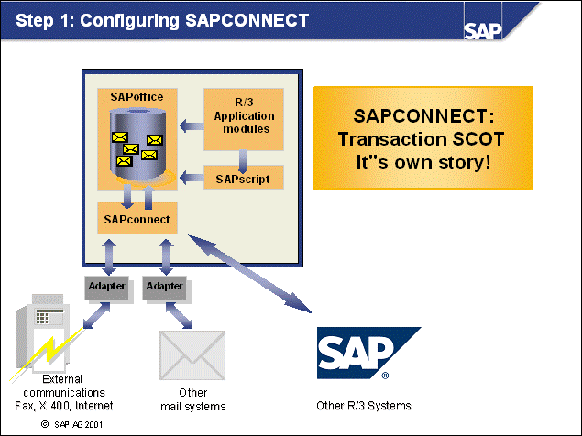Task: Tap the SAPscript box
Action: pos(241,178)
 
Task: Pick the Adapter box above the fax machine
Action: pos(106,286)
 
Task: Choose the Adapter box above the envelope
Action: pos(166,286)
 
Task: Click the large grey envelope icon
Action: pos(192,358)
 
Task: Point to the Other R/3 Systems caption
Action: pos(363,405)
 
